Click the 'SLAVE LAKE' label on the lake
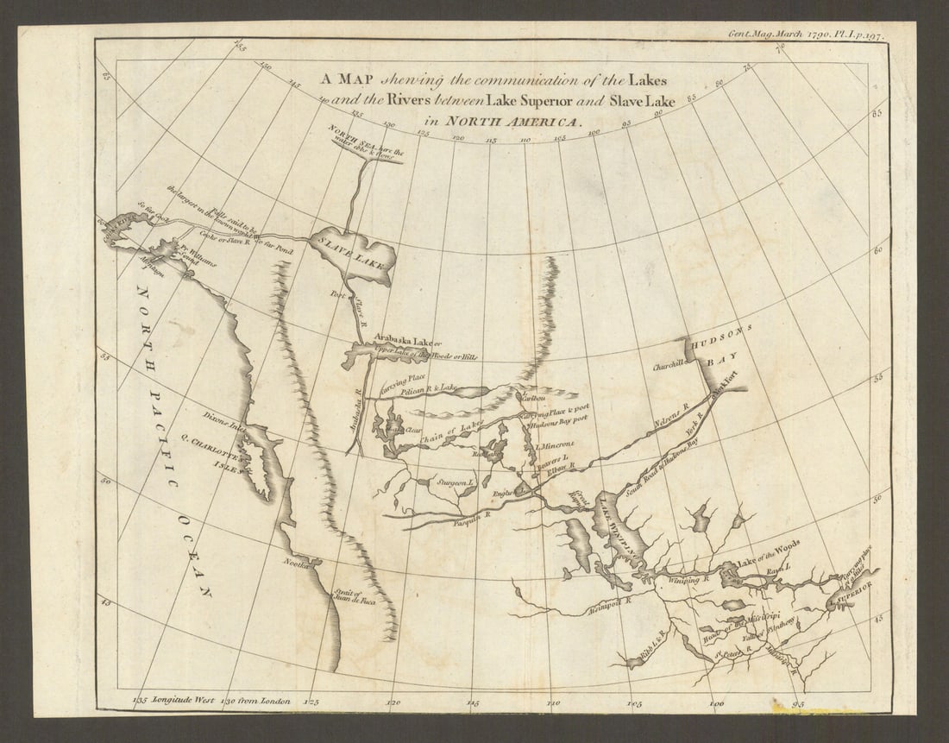353,250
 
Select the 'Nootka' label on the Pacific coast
297,562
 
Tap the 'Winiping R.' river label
688,581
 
